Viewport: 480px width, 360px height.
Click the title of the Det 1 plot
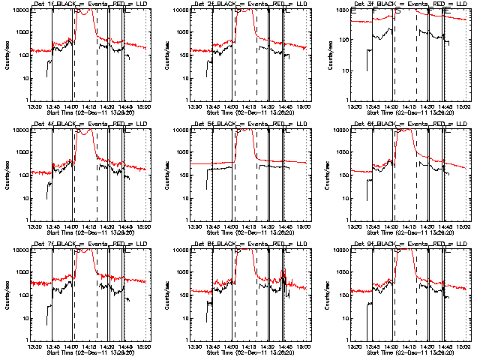point(91,4)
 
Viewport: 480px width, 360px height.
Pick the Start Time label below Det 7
point(91,353)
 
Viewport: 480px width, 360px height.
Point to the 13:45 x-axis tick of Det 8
point(213,346)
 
